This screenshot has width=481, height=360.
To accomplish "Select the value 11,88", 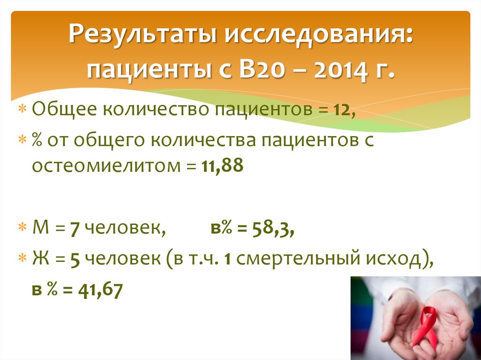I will click(223, 166).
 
